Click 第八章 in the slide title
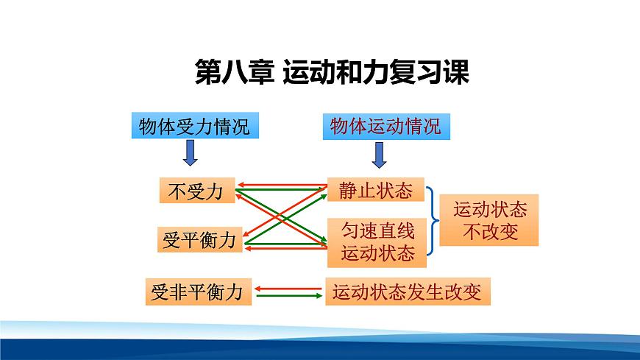pos(233,72)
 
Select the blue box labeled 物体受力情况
pos(194,127)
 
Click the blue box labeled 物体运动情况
pos(385,126)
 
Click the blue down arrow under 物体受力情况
pos(190,153)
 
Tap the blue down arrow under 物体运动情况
pos(380,154)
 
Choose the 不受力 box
pos(196,191)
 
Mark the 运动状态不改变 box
pos(489,220)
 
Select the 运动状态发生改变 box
pos(408,292)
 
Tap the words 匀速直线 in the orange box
pos(377,232)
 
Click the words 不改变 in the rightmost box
pos(491,233)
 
